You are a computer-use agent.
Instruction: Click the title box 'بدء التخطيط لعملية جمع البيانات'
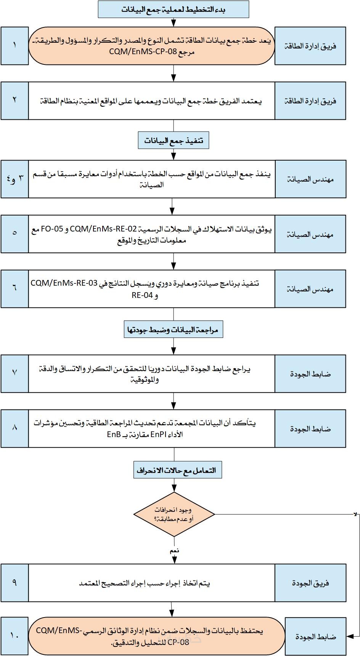tap(174, 10)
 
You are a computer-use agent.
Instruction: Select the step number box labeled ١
tap(14, 46)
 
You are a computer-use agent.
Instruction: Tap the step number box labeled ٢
tap(14, 101)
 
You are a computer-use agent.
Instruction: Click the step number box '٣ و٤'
tap(14, 179)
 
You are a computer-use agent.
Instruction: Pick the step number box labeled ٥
tap(14, 234)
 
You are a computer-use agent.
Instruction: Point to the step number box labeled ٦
tap(14, 289)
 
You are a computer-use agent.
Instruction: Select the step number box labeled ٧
tap(14, 373)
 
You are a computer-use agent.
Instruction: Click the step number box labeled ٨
tap(14, 428)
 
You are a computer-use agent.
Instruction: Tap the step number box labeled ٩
tap(14, 583)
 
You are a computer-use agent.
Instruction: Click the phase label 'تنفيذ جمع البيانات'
tap(174, 141)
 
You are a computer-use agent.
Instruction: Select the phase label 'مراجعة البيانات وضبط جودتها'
tap(174, 330)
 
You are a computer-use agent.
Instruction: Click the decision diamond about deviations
tap(174, 515)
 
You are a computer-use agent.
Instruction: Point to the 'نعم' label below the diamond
tap(174, 551)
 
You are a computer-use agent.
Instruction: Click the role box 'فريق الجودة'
tap(310, 583)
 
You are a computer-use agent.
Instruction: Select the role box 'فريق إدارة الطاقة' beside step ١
tap(310, 46)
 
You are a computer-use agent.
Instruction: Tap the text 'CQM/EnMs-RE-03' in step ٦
tap(64, 283)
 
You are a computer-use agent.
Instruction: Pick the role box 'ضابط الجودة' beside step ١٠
tap(315, 636)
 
